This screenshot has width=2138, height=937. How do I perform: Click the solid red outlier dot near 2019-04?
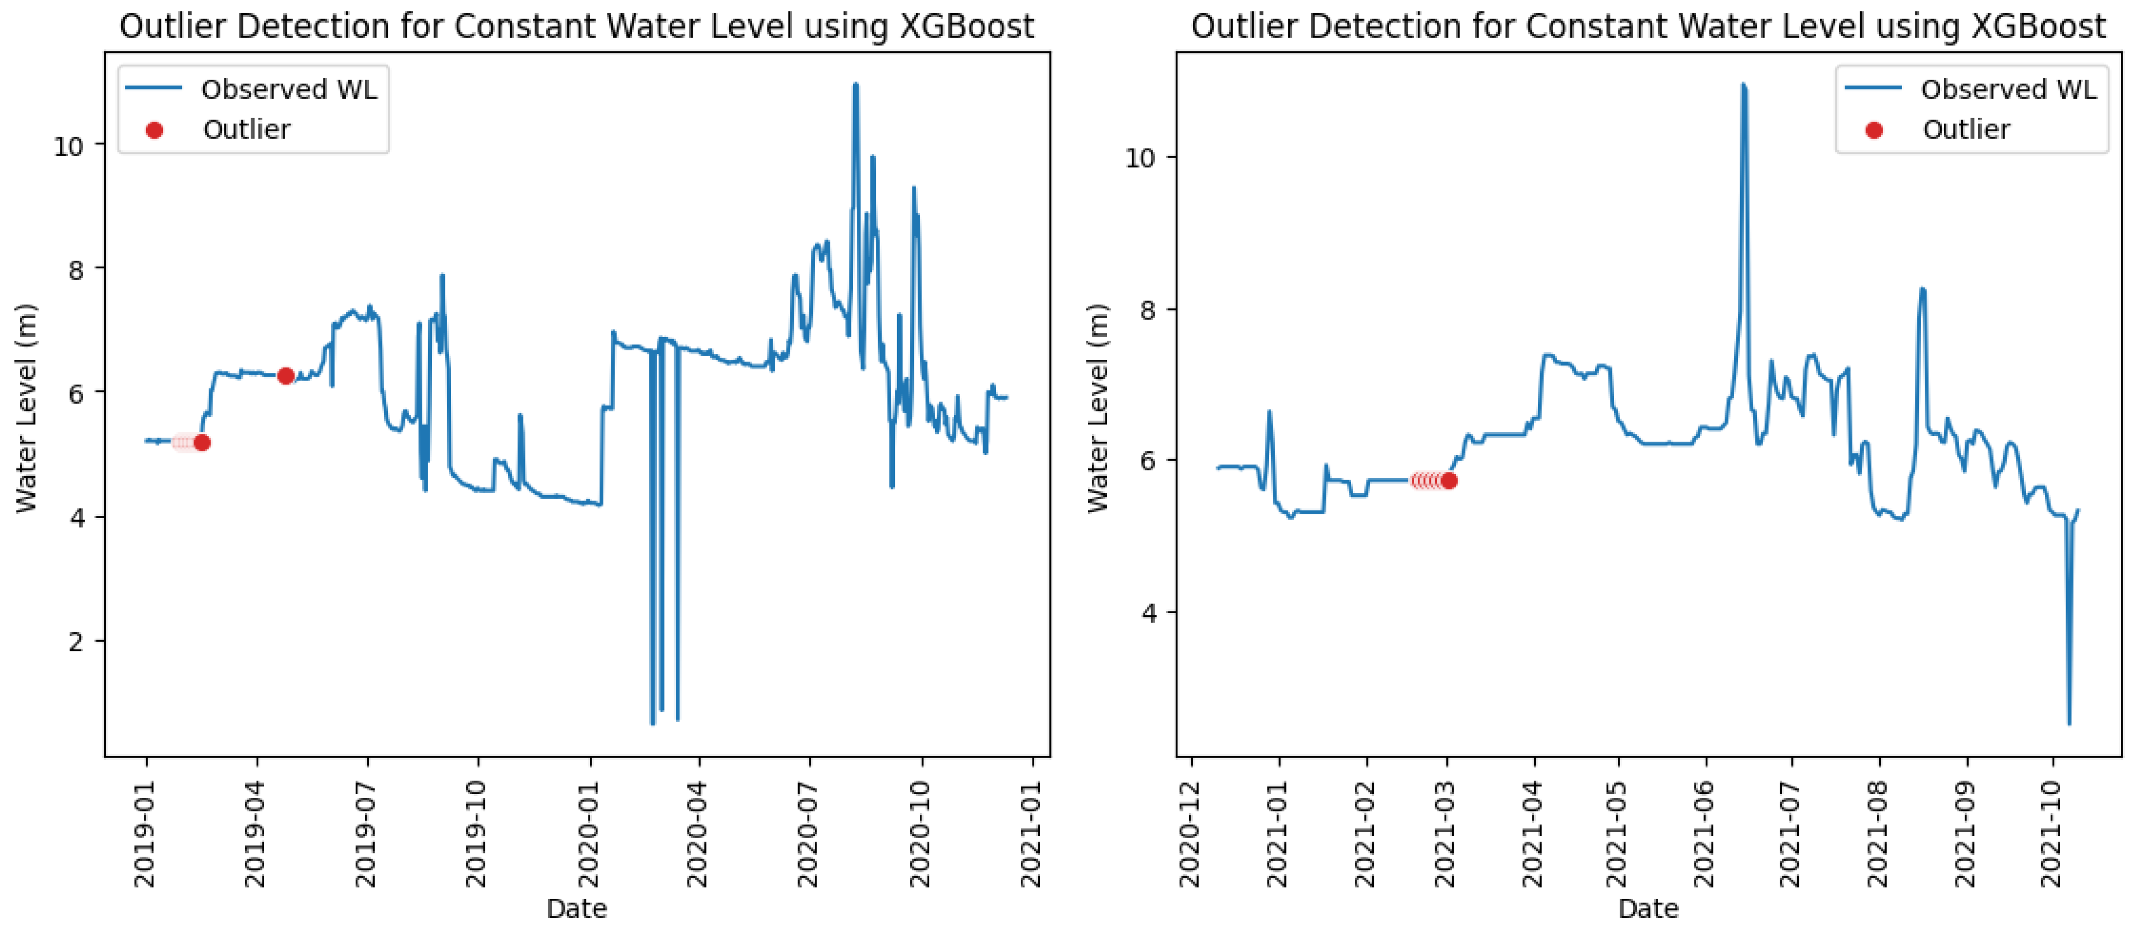(286, 376)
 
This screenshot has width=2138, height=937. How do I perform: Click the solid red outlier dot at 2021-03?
(1449, 480)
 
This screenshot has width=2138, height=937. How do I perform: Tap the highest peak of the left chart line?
(856, 85)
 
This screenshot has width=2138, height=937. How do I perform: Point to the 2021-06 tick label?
(1705, 833)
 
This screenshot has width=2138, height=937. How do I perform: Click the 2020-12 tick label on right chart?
(1190, 833)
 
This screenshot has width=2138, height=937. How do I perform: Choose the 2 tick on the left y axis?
(76, 642)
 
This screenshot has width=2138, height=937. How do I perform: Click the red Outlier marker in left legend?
(155, 130)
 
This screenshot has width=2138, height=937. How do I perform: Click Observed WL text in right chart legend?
(2008, 89)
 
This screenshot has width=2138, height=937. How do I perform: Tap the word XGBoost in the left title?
(967, 26)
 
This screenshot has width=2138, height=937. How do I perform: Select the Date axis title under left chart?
(577, 909)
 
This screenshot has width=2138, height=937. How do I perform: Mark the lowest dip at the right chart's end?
(2069, 722)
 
